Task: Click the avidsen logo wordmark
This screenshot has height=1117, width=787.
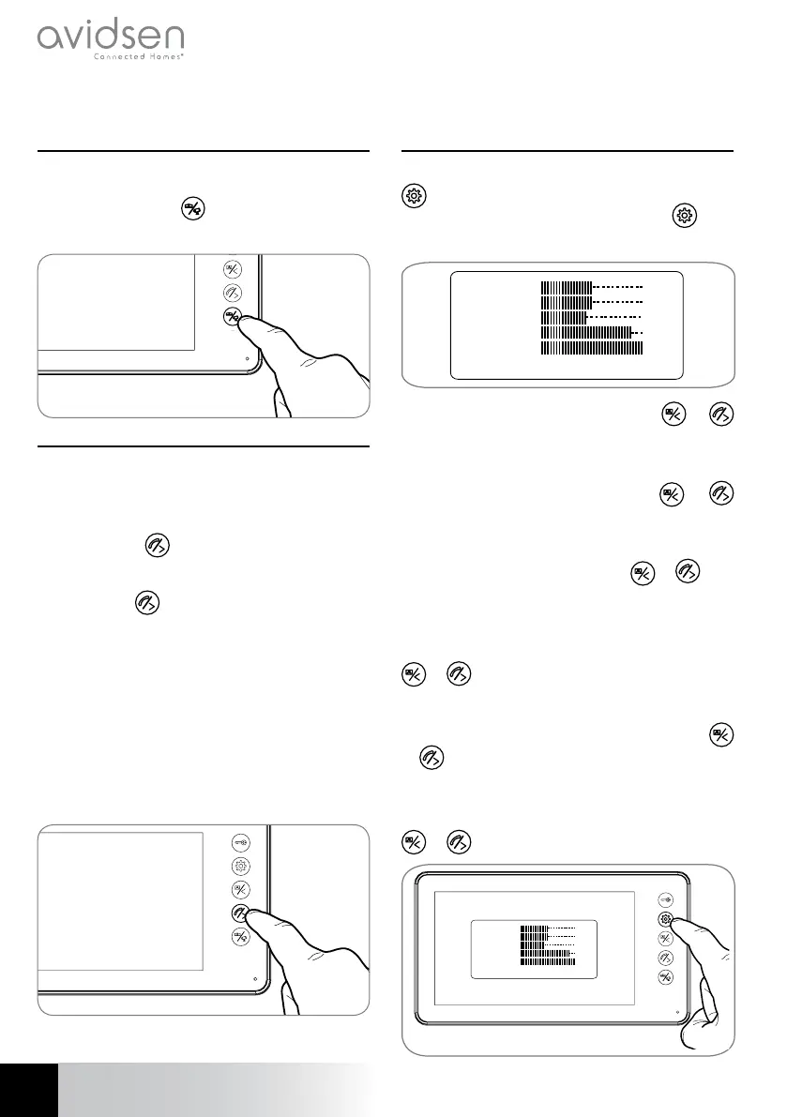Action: tap(110, 38)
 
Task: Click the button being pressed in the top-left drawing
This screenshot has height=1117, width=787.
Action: tap(233, 317)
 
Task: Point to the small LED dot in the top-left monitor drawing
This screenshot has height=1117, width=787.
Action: tap(248, 357)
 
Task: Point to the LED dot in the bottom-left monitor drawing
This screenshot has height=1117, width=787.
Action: tap(256, 977)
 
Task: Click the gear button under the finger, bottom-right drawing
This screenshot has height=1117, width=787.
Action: tap(665, 920)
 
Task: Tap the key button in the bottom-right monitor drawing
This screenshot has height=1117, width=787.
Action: tap(665, 898)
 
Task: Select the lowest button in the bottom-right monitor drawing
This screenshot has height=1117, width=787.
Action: tap(665, 976)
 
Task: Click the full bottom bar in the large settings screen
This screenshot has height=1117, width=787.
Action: tap(592, 347)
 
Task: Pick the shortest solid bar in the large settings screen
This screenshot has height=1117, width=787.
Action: tap(564, 317)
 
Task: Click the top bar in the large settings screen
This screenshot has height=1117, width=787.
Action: tap(568, 285)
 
